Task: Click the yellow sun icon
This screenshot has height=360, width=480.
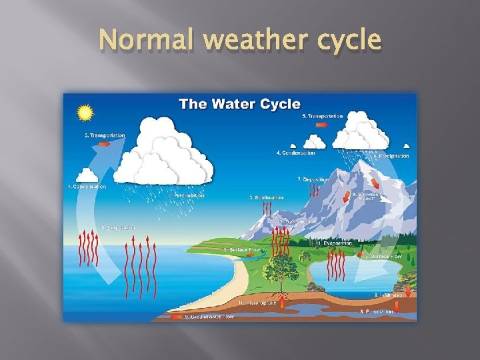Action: tap(85, 113)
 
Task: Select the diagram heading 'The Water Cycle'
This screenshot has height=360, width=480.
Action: tap(239, 104)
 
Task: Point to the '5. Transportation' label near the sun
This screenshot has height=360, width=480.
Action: tap(105, 135)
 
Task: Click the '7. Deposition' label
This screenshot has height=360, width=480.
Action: tap(313, 179)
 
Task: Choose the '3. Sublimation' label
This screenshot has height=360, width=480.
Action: tap(266, 197)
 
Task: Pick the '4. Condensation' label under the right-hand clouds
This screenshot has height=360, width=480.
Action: tap(295, 153)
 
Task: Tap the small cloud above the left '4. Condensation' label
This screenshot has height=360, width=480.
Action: tap(88, 175)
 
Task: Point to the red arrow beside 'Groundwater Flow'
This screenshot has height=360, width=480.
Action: tap(177, 317)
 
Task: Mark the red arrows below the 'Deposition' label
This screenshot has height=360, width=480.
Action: tap(313, 191)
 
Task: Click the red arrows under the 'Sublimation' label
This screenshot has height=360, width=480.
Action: tap(267, 209)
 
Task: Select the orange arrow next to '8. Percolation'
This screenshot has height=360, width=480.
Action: tap(397, 307)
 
